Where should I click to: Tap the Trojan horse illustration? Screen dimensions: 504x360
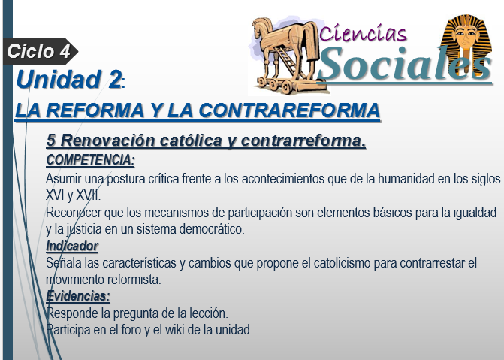[x=287, y=55]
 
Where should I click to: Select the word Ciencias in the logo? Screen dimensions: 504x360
[x=364, y=32]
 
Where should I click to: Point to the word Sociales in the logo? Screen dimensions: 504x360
[x=405, y=64]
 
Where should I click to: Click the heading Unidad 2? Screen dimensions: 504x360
[x=69, y=80]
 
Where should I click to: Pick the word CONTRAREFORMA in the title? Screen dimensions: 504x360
[x=289, y=110]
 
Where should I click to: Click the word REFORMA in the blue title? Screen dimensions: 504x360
[x=95, y=110]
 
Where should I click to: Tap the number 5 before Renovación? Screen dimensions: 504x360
[x=51, y=141]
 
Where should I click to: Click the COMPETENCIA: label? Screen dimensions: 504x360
[x=90, y=160]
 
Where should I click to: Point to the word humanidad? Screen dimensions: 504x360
[x=406, y=179]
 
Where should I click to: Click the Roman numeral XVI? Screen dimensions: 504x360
[x=55, y=195]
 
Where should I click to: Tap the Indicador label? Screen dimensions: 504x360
[x=72, y=246]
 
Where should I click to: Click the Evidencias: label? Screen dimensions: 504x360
[x=78, y=296]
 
